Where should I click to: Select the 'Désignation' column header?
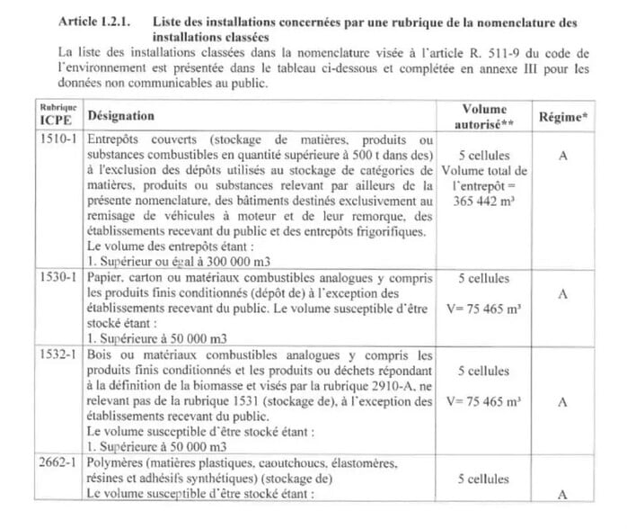120,116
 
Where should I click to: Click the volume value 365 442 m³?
485,203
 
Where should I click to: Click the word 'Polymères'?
119,462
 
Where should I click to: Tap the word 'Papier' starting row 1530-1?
107,279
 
